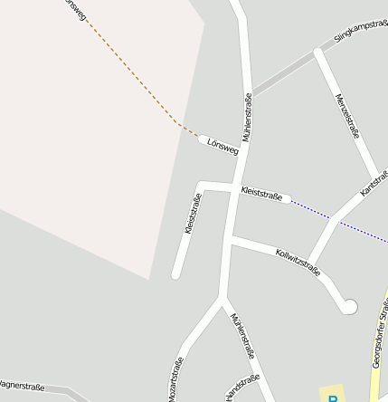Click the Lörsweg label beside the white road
coord(222,146)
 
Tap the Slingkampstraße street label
coord(360,30)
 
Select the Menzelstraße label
coord(347,115)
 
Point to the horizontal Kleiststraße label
coord(261,193)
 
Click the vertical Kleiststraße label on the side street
coord(192,214)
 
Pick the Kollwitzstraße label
coord(298,260)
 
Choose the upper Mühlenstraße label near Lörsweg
coord(246,116)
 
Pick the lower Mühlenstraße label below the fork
coord(239,334)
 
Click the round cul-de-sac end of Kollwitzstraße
coord(350,307)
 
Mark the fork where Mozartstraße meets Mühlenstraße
coord(222,296)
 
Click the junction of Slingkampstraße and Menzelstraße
coord(317,53)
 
